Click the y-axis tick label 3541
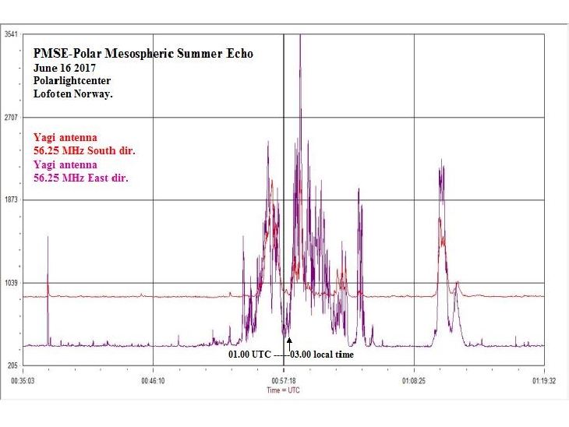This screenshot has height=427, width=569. coord(12,34)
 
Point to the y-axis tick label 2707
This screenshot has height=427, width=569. coord(12,117)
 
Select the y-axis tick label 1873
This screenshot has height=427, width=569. coord(12,199)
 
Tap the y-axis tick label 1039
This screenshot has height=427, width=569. coord(12,282)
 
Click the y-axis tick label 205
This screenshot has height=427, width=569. coord(12,365)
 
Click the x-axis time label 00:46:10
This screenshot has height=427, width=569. coord(153,382)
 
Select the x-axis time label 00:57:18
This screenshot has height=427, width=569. coord(284,382)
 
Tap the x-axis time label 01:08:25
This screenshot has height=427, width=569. coord(413,382)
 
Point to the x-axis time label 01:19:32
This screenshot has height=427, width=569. coord(543,382)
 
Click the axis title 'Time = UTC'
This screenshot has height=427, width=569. coord(284,390)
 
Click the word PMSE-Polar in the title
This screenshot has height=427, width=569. coord(62,54)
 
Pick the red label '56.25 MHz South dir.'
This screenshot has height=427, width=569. coord(84,150)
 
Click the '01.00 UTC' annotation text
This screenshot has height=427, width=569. coord(249,355)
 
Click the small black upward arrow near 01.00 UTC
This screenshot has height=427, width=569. coord(289,344)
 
